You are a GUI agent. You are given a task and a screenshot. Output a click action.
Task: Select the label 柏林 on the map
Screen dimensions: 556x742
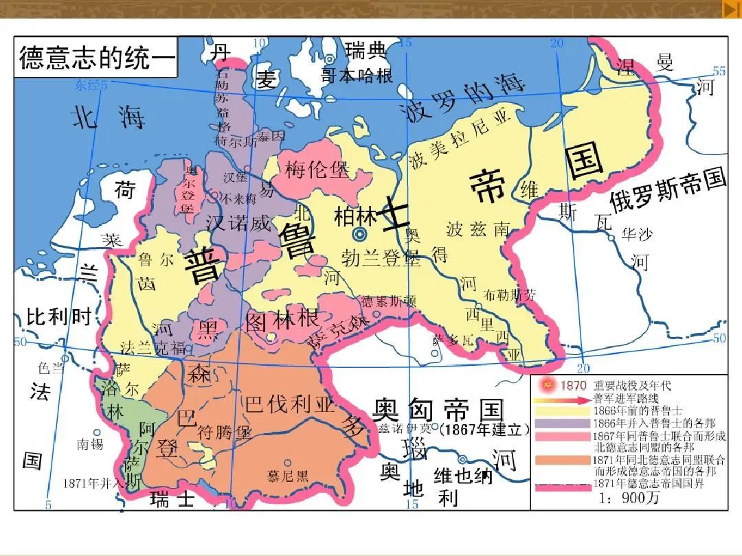tap(356, 216)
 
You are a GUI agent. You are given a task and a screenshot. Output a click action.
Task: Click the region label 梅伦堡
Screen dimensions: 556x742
tap(317, 169)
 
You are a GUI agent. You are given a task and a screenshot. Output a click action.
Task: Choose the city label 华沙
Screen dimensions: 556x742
tap(635, 235)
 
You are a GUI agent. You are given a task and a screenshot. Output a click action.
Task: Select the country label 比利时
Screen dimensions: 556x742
tap(59, 316)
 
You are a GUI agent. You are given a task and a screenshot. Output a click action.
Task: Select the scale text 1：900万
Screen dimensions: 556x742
tap(629, 498)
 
